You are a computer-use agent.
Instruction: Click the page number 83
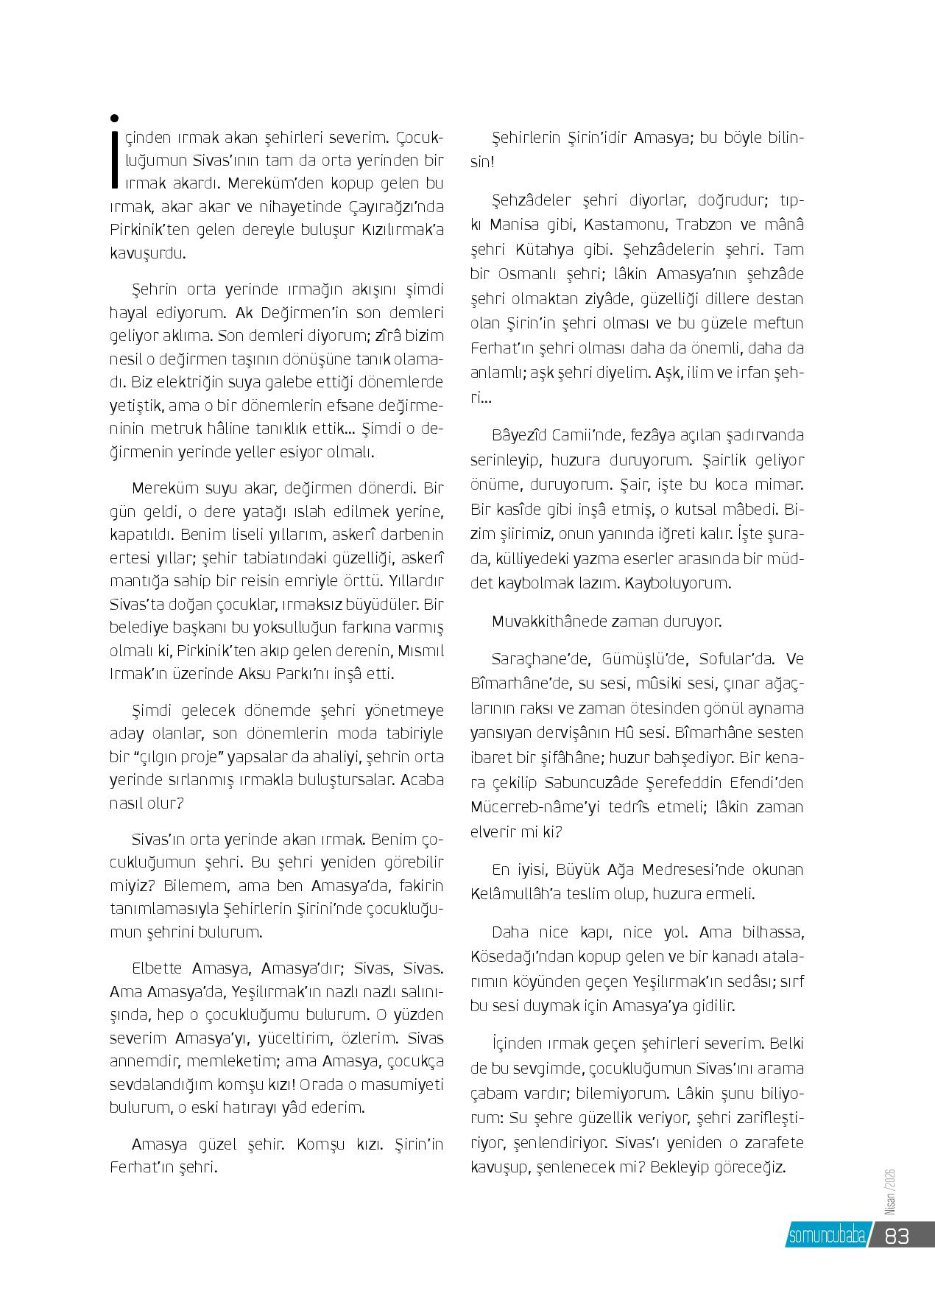point(897,1236)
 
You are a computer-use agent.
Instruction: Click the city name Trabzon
point(710,224)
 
